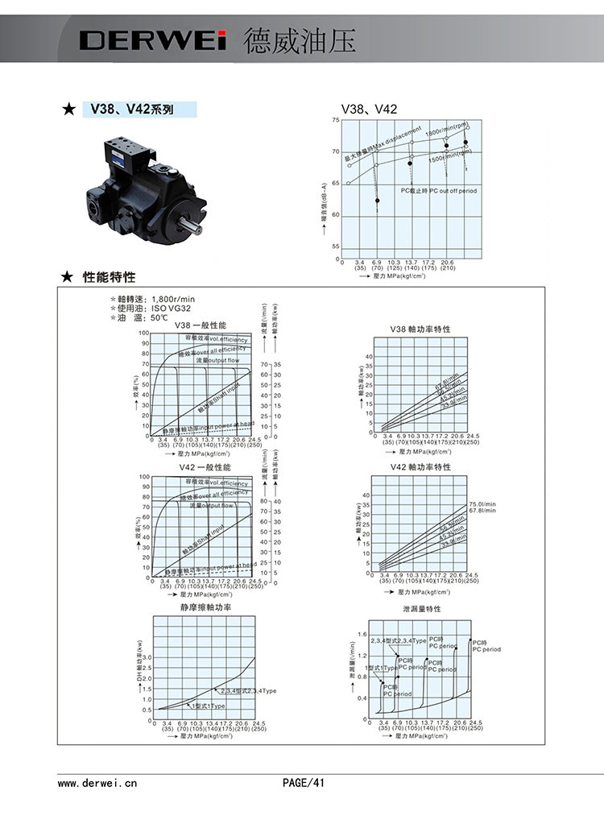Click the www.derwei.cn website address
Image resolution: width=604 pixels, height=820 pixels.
click(97, 781)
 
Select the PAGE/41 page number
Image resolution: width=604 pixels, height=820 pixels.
click(303, 781)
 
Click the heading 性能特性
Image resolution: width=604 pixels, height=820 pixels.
click(110, 278)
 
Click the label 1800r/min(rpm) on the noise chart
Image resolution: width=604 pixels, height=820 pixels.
click(447, 129)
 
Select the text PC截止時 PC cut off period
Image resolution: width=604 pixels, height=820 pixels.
click(438, 190)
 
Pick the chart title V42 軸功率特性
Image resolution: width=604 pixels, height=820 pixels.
click(420, 467)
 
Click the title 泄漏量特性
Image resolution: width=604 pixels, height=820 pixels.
click(422, 610)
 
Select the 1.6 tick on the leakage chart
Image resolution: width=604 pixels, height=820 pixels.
click(362, 635)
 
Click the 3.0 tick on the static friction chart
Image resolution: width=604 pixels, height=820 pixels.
click(146, 657)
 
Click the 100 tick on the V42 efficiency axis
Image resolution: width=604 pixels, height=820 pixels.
click(144, 477)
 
